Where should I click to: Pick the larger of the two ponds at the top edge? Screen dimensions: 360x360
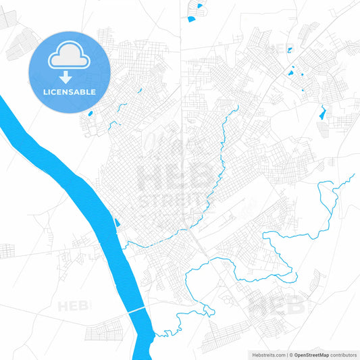(192, 19)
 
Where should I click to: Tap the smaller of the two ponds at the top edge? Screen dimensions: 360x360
(199, 6)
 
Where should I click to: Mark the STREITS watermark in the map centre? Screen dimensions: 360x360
(169, 201)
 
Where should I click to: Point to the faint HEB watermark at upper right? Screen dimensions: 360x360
(279, 49)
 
